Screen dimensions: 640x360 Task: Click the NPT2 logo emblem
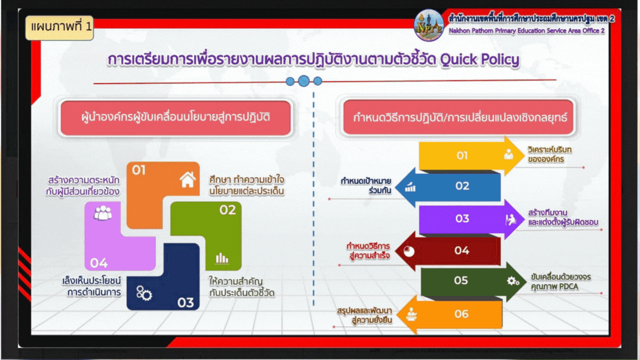tap(428, 26)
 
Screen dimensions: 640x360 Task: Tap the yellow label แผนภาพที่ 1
tap(59, 27)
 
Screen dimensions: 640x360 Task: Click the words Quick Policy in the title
tap(479, 59)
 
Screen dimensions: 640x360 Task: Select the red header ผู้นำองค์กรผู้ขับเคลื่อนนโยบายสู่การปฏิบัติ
tap(176, 118)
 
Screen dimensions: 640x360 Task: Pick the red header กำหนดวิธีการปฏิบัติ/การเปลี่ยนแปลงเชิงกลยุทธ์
tap(459, 118)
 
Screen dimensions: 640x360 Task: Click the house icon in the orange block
tap(188, 179)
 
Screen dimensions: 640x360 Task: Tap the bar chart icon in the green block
tap(222, 258)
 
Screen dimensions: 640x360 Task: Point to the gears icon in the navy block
tap(144, 293)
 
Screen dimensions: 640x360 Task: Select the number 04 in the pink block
tap(99, 263)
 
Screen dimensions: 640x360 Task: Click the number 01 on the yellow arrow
tap(462, 156)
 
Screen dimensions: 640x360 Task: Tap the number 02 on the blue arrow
tap(462, 186)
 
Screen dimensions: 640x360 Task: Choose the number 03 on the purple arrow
tap(462, 218)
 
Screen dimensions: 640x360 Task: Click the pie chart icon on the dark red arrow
tap(409, 251)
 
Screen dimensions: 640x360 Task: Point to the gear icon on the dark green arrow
tap(513, 281)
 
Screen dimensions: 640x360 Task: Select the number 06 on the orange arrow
tap(462, 313)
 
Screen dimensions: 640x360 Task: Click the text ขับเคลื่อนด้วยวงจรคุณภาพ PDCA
tap(561, 282)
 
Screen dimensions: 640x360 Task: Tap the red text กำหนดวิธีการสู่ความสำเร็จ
tap(368, 251)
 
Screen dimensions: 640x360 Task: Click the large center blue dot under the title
tap(304, 81)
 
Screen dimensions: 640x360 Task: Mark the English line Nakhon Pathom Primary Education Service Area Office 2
tap(527, 31)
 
